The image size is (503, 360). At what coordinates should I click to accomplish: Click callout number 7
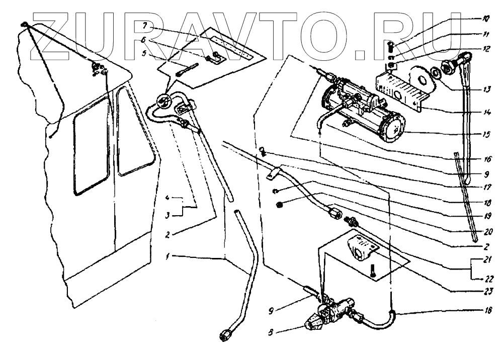click(x=144, y=25)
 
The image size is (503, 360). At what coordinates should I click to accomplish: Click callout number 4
click(x=171, y=197)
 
